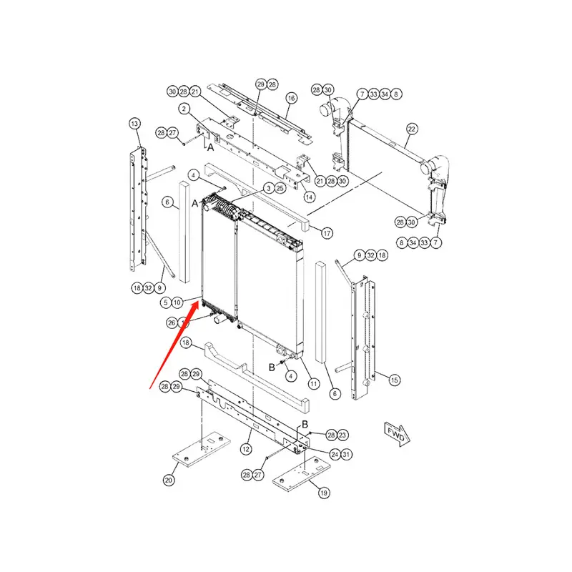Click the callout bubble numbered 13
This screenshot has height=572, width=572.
[135, 124]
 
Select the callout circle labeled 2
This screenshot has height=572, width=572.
[184, 109]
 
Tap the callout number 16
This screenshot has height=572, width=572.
[291, 97]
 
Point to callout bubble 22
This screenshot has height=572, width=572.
[412, 129]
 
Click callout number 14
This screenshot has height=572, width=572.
[309, 197]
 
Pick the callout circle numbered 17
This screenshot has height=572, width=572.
[327, 233]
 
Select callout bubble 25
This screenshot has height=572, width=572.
[280, 187]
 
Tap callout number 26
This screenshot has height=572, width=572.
[172, 322]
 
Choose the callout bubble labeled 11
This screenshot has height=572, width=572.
[313, 384]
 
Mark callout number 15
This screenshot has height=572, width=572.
[394, 380]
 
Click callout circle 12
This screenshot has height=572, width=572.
[245, 449]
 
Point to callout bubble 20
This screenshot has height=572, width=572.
[169, 480]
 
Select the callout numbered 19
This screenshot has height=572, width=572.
[323, 493]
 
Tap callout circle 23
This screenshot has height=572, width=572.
[342, 435]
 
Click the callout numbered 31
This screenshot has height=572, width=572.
[345, 453]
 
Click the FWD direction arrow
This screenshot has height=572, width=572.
[395, 433]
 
